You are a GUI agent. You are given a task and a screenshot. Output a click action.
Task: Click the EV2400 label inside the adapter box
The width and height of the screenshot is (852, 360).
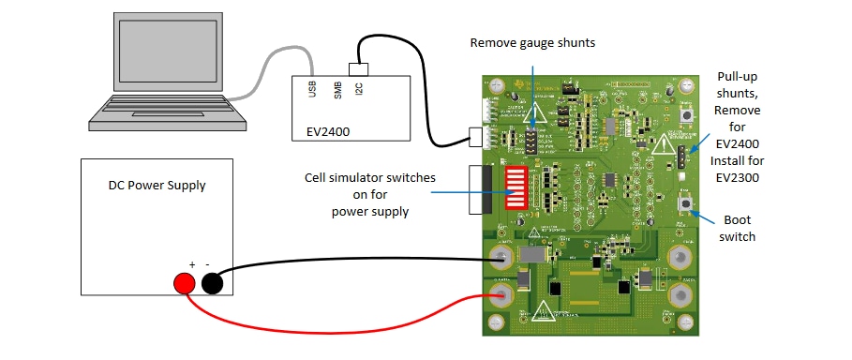327,132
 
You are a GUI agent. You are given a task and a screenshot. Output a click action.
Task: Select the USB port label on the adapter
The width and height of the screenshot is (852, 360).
311,89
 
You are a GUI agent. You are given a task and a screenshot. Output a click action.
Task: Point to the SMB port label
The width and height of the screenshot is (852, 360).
336,89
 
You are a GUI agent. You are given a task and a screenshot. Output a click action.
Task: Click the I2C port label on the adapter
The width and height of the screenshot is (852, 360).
359,89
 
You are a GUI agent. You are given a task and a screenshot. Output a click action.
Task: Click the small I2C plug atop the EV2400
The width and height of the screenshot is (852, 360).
358,68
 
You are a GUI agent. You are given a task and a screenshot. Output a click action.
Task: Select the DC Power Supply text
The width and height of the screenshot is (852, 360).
157,185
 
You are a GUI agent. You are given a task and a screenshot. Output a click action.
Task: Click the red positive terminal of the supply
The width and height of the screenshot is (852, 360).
185,284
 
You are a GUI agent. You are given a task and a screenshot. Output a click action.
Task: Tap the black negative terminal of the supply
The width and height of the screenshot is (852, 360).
213,284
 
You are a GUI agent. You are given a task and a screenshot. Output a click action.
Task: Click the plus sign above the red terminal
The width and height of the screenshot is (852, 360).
191,264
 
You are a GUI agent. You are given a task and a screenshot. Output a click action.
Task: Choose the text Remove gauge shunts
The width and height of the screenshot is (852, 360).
532,43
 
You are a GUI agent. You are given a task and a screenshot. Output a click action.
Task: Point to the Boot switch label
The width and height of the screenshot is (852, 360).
737,229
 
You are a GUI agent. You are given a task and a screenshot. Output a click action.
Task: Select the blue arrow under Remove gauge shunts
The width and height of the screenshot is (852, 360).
533,84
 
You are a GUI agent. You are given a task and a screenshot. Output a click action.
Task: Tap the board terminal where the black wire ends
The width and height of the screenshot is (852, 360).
502,256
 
